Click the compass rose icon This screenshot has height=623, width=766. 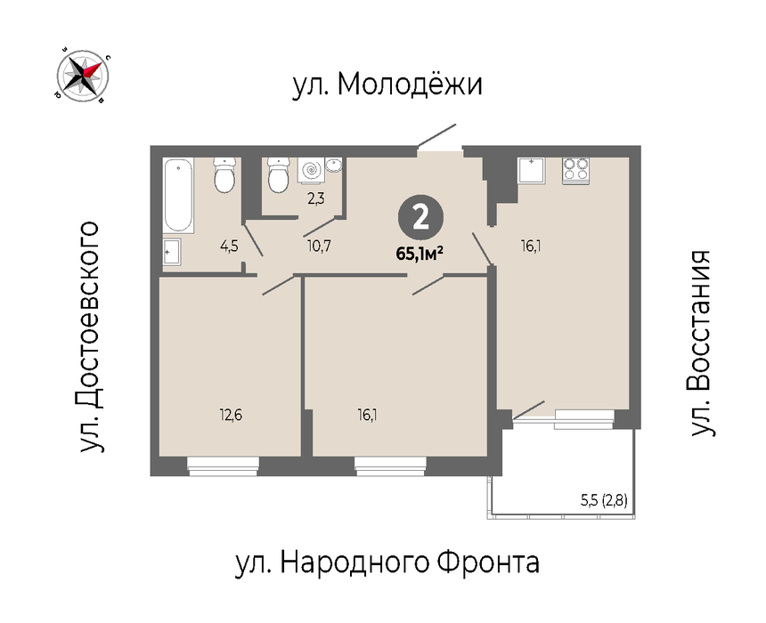(83, 76)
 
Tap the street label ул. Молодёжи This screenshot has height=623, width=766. (387, 84)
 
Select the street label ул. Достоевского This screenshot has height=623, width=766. (89, 337)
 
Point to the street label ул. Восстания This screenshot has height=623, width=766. (702, 344)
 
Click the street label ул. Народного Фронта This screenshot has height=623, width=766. (387, 562)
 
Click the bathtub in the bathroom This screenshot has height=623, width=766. (178, 195)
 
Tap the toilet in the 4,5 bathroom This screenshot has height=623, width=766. (225, 174)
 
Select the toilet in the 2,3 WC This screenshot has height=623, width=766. (280, 174)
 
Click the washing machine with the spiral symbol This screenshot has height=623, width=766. (311, 169)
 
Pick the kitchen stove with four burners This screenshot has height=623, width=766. (575, 170)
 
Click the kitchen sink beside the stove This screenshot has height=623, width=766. (531, 170)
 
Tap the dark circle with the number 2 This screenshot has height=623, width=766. (420, 218)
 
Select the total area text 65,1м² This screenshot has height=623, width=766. (420, 254)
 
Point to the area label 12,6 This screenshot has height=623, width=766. (231, 415)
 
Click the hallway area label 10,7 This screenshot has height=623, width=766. (319, 246)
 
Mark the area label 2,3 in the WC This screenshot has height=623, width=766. (315, 198)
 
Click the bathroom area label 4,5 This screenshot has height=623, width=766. (229, 246)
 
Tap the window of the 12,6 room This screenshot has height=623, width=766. (223, 465)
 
